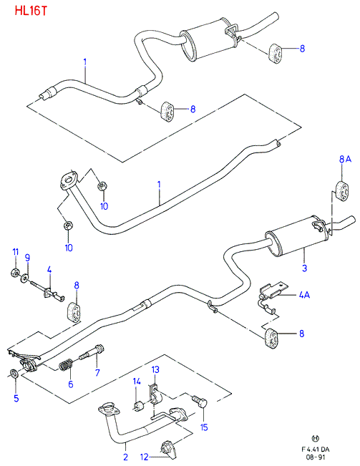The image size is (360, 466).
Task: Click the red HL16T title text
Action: click(31, 11)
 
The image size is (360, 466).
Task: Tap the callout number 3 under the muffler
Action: click(304, 268)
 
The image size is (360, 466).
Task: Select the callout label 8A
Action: click(345, 160)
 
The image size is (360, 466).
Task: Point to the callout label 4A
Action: click(304, 295)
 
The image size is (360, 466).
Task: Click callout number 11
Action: click(16, 252)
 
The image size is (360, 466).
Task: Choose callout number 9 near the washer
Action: click(27, 258)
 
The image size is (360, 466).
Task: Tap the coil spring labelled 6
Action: click(67, 365)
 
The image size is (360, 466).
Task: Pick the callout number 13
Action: click(155, 369)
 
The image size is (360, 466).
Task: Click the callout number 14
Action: click(137, 382)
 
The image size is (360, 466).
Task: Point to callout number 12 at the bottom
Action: click(144, 457)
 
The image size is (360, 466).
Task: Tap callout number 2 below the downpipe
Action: click(125, 457)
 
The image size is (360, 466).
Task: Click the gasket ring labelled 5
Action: click(14, 373)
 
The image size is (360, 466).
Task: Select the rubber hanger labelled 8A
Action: click(342, 190)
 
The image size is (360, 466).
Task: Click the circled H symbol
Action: click(316, 438)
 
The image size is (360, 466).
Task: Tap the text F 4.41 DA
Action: click(316, 450)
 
